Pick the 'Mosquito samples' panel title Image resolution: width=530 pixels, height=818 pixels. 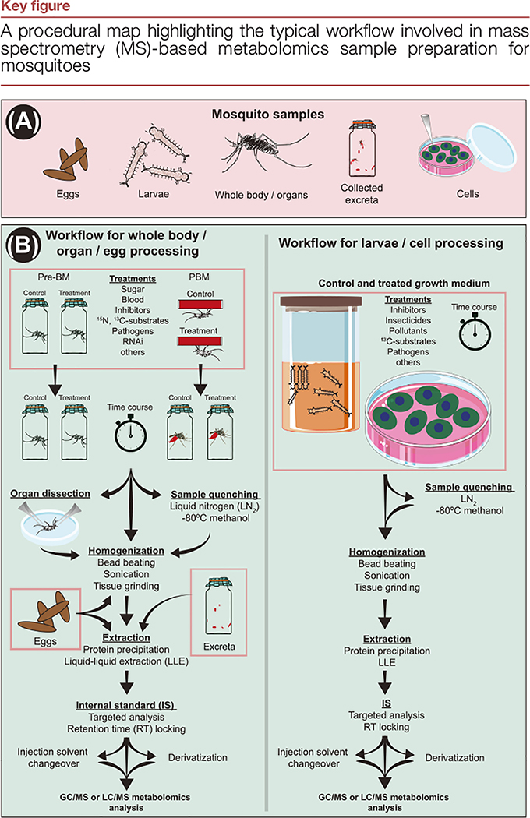(x=265, y=113)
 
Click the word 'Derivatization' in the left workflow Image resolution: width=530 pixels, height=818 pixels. (x=199, y=756)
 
